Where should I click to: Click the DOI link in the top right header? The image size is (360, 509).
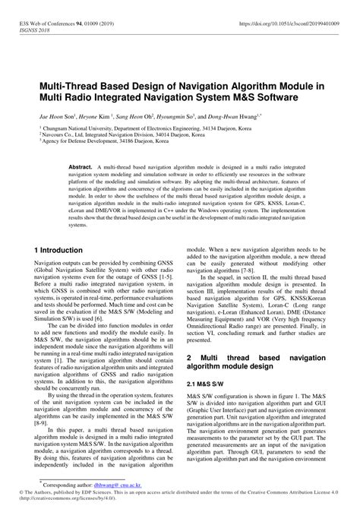tap(288, 24)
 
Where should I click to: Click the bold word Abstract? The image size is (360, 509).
tap(81, 165)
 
